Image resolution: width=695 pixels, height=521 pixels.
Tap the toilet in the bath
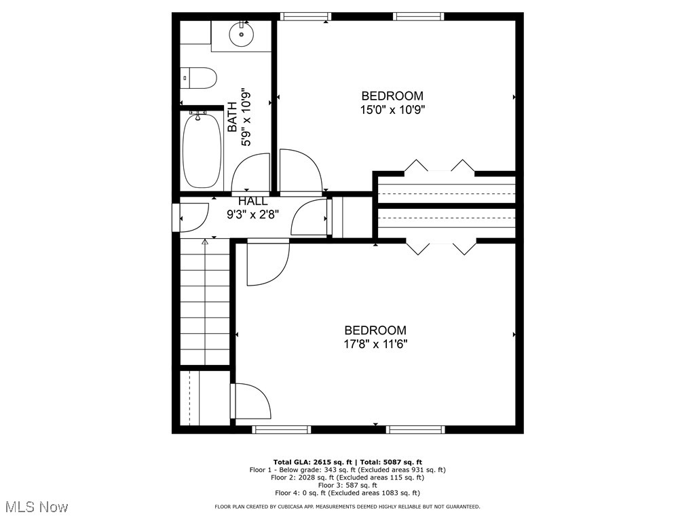(x=200, y=78)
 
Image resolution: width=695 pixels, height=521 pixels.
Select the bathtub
(x=202, y=151)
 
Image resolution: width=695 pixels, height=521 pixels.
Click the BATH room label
(x=232, y=117)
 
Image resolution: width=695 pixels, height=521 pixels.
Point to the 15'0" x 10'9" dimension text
(x=392, y=109)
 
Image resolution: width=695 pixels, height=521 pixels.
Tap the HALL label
(x=252, y=201)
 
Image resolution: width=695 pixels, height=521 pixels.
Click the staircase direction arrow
(x=205, y=242)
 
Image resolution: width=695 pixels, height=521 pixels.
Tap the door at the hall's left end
(x=193, y=217)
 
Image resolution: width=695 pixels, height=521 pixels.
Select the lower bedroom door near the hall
(x=267, y=263)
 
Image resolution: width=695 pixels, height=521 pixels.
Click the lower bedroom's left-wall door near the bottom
(x=250, y=402)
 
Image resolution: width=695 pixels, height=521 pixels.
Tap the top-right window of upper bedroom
(x=419, y=16)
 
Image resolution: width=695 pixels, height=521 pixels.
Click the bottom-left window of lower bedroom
(x=282, y=429)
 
